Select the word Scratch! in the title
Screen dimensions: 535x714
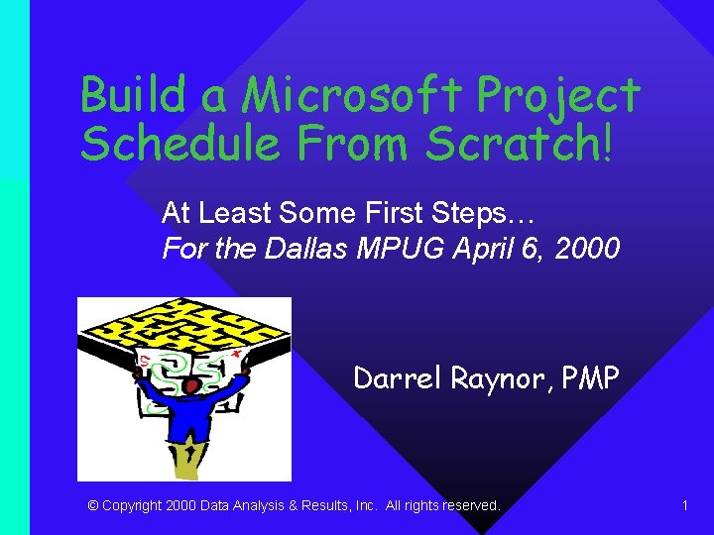click(x=521, y=144)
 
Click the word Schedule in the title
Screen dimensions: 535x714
click(x=173, y=144)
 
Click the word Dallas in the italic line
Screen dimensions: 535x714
click(x=308, y=248)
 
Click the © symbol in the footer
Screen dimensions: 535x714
click(x=93, y=505)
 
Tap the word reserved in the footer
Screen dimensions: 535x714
click(x=470, y=505)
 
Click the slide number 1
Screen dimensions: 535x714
click(x=685, y=505)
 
